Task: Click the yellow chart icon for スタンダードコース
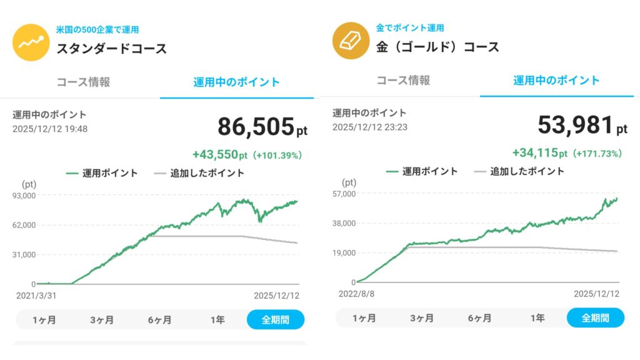(x=31, y=42)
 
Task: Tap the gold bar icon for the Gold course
(x=351, y=41)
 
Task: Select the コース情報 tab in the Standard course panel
(x=83, y=82)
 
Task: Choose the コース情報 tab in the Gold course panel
(x=403, y=81)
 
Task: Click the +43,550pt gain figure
(x=220, y=155)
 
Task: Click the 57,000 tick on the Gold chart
(x=344, y=194)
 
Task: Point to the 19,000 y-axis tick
(x=344, y=252)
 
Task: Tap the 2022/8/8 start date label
(x=355, y=293)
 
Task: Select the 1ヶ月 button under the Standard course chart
(x=44, y=320)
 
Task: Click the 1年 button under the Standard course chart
(x=217, y=320)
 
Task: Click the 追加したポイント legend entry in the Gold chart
(x=519, y=171)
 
